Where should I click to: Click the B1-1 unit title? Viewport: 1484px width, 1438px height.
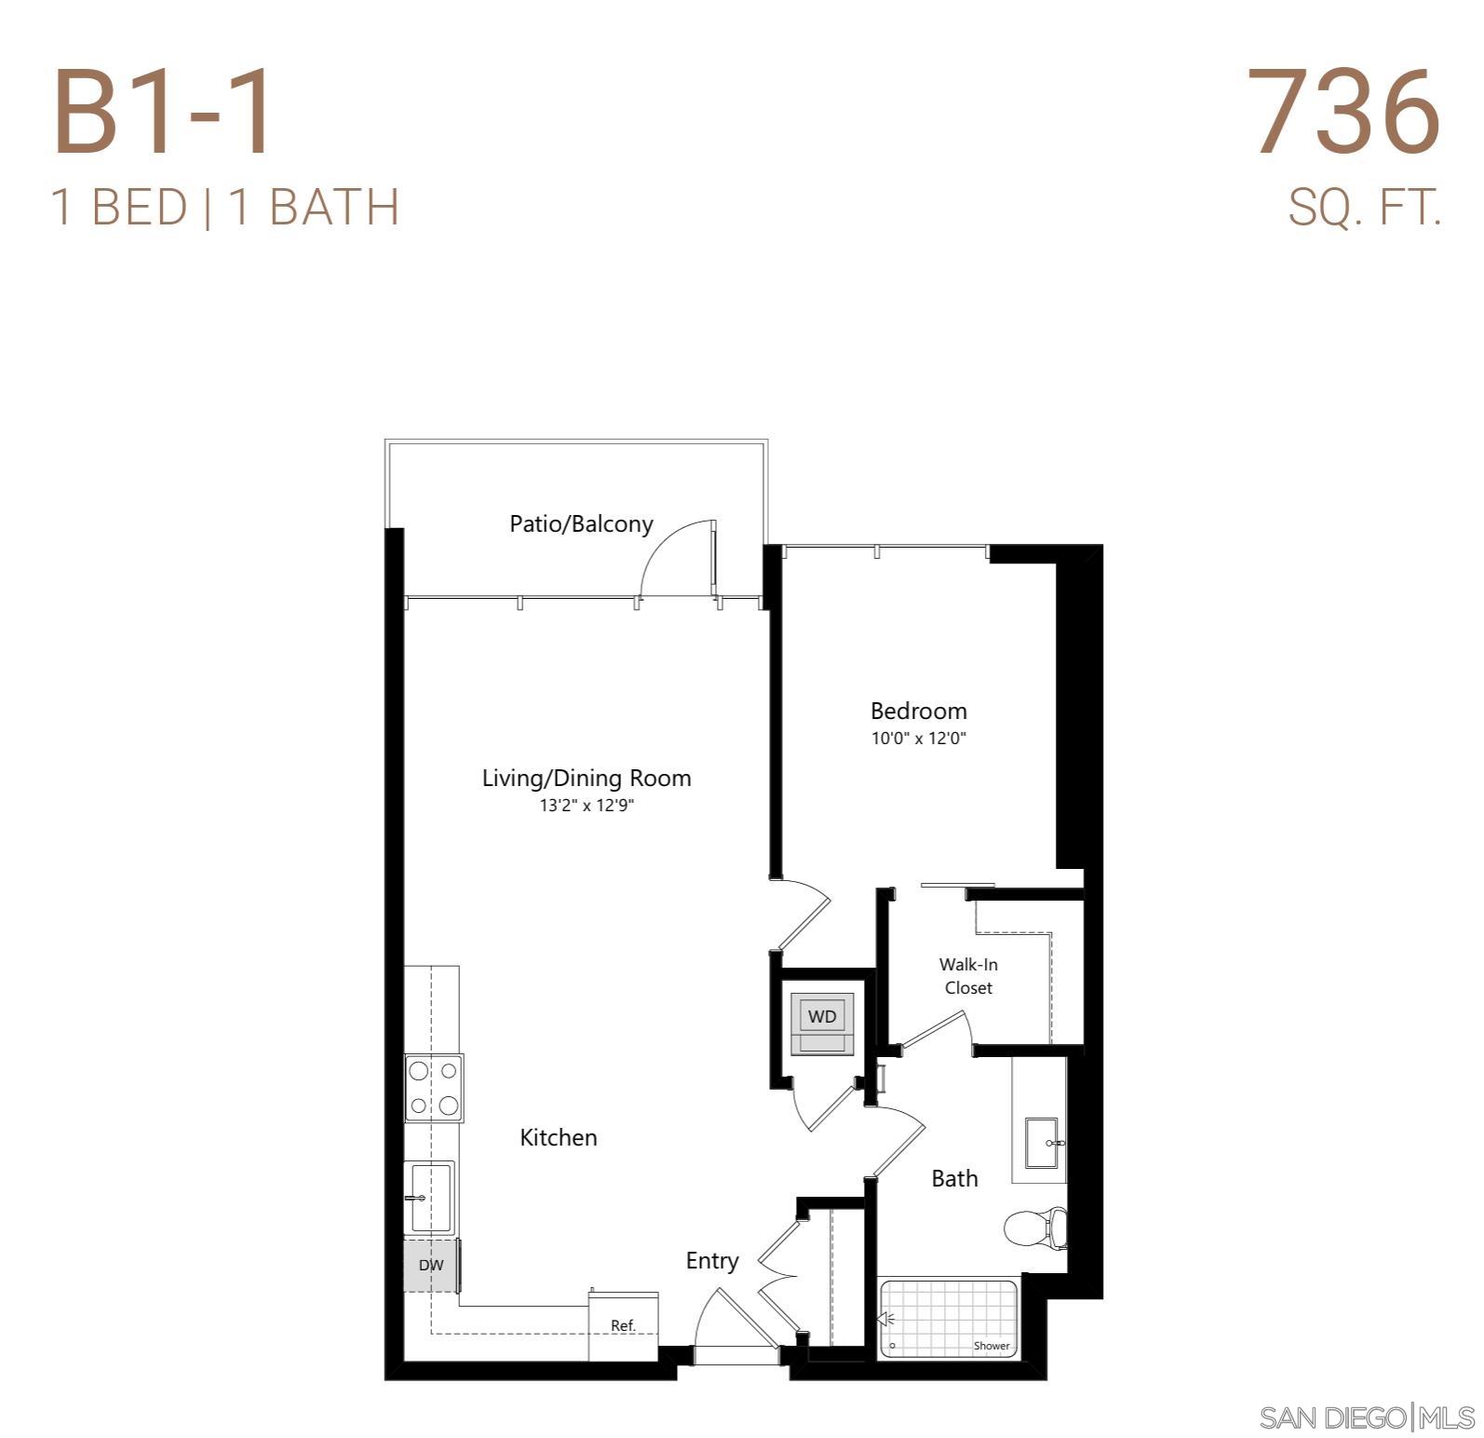164,113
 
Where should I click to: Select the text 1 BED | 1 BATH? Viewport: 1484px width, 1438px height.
225,207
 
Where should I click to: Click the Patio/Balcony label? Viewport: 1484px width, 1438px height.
581,523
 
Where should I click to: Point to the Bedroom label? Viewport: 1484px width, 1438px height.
918,712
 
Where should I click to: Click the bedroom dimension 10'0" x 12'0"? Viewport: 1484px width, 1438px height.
918,739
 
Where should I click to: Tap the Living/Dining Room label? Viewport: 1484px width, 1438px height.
587,778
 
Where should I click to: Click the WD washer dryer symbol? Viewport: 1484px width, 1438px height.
822,1017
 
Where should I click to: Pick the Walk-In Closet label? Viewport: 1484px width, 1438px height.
968,976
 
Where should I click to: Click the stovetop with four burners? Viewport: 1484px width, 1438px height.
434,1088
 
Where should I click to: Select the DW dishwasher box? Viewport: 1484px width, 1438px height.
431,1265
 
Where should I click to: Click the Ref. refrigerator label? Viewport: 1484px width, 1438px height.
623,1325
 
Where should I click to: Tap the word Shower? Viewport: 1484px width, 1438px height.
992,1346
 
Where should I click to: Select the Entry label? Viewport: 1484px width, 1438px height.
712,1261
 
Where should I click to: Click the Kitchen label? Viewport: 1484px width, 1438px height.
559,1137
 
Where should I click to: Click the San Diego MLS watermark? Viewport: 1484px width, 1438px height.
1367,1418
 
